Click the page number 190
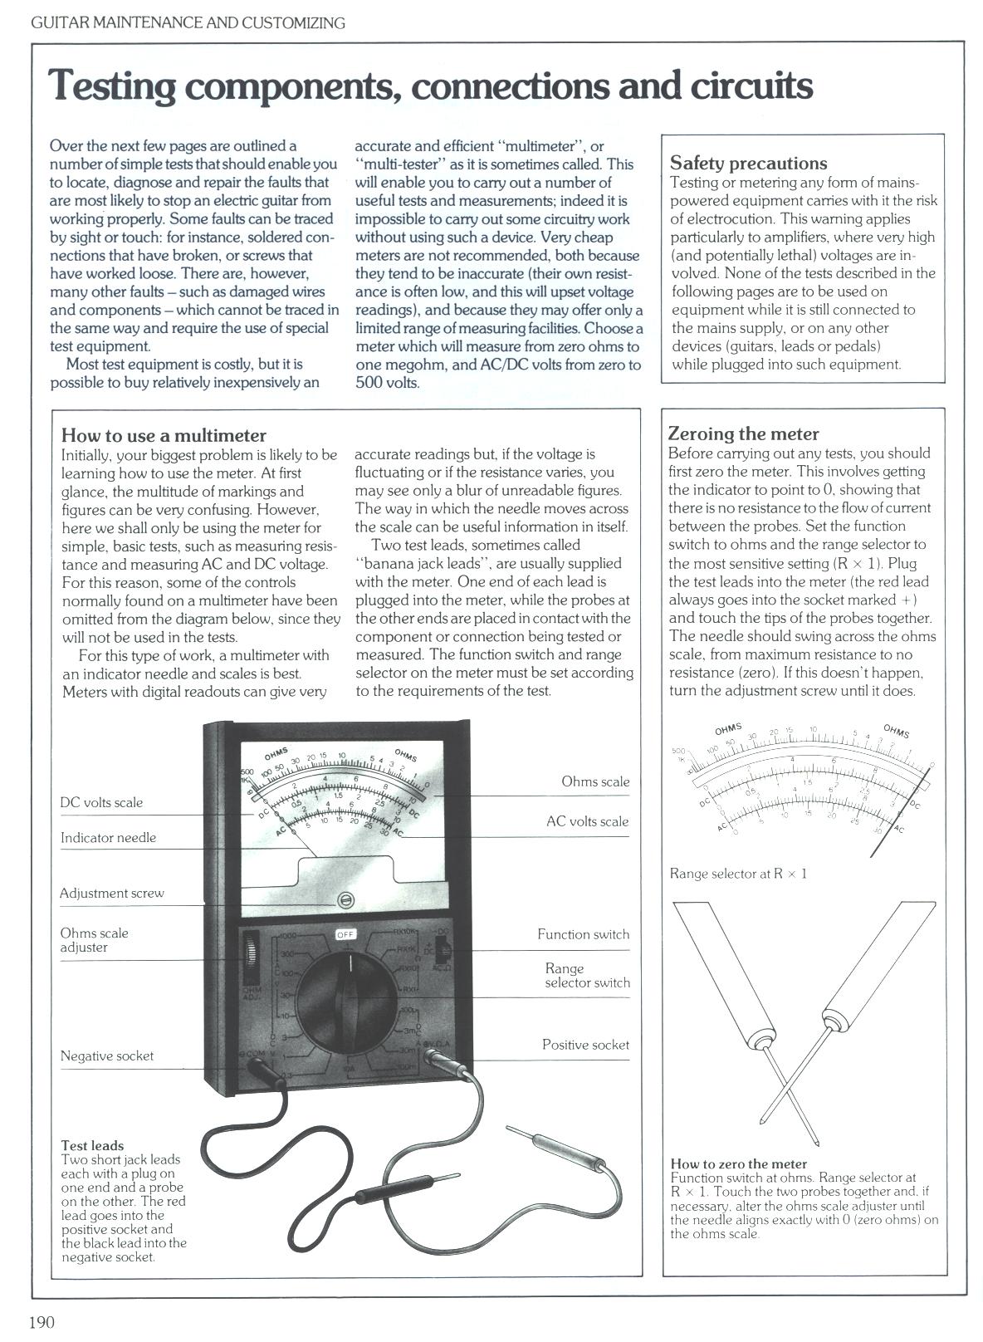click(x=42, y=1322)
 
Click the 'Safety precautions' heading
click(x=748, y=163)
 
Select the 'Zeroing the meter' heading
click(x=743, y=433)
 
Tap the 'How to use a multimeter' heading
click(x=164, y=435)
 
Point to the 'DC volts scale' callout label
click(x=101, y=802)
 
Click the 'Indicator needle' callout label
click(x=108, y=837)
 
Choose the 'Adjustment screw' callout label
click(x=112, y=893)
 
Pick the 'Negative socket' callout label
click(x=107, y=1055)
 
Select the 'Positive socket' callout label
click(x=585, y=1045)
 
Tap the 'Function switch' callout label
click(x=583, y=934)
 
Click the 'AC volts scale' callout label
click(x=587, y=821)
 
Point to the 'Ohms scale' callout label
click(x=595, y=781)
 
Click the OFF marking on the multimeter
click(x=345, y=934)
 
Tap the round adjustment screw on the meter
click(x=345, y=901)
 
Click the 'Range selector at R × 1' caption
click(x=738, y=874)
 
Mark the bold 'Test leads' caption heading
click(x=92, y=1145)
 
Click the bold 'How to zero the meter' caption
click(x=738, y=1163)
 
